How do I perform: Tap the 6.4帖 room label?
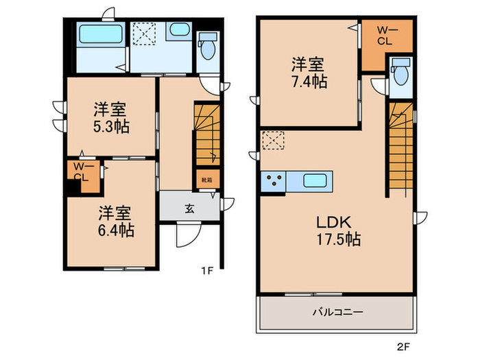coord(115,221)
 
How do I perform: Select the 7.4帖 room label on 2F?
coord(308,73)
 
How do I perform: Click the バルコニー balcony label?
coord(339,311)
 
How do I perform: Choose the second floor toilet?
coord(400,71)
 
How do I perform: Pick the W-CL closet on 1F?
coord(84,172)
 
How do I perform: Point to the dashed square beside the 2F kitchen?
coord(273,141)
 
